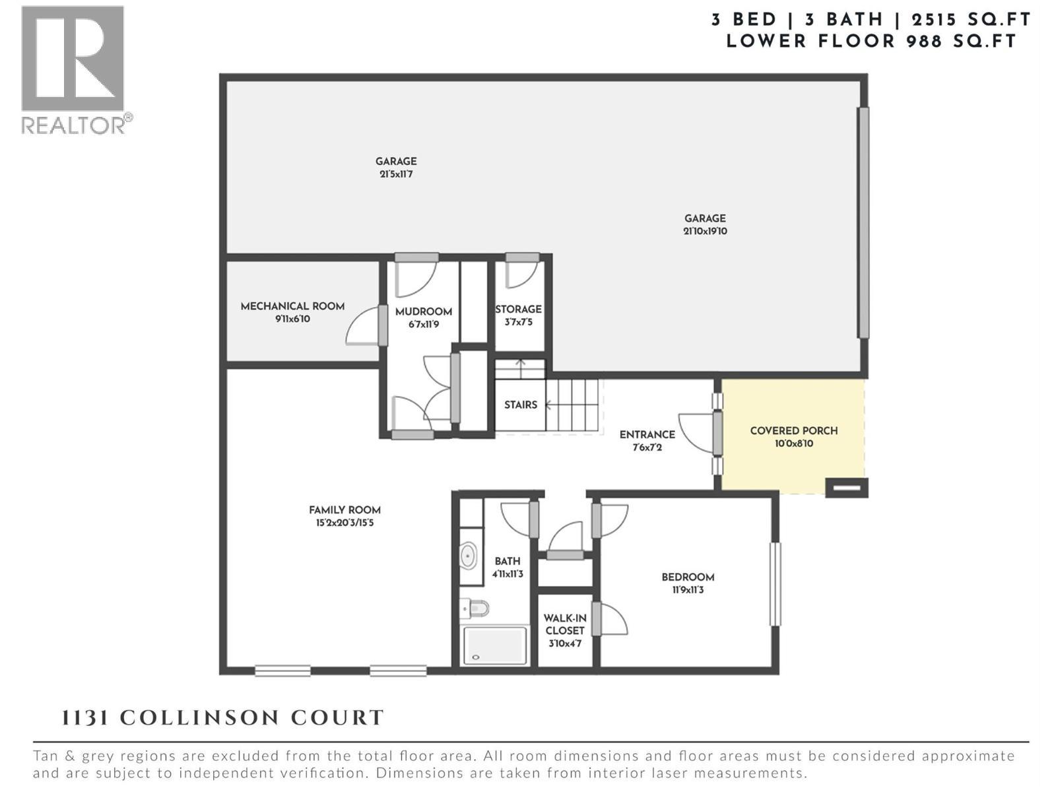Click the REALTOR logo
coord(73,69)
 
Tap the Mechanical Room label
coord(292,306)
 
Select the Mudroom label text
coord(423,312)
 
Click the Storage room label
coord(518,309)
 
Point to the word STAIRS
coord(520,405)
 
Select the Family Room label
coord(345,510)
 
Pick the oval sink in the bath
coord(468,556)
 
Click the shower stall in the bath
coord(495,645)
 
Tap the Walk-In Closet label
coord(565,624)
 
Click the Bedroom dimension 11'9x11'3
coord(688,590)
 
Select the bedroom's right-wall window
coord(776,583)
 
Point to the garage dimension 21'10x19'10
coord(705,232)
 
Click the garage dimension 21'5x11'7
coord(396,175)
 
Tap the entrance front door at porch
coord(717,433)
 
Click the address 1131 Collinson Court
coord(223,718)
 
